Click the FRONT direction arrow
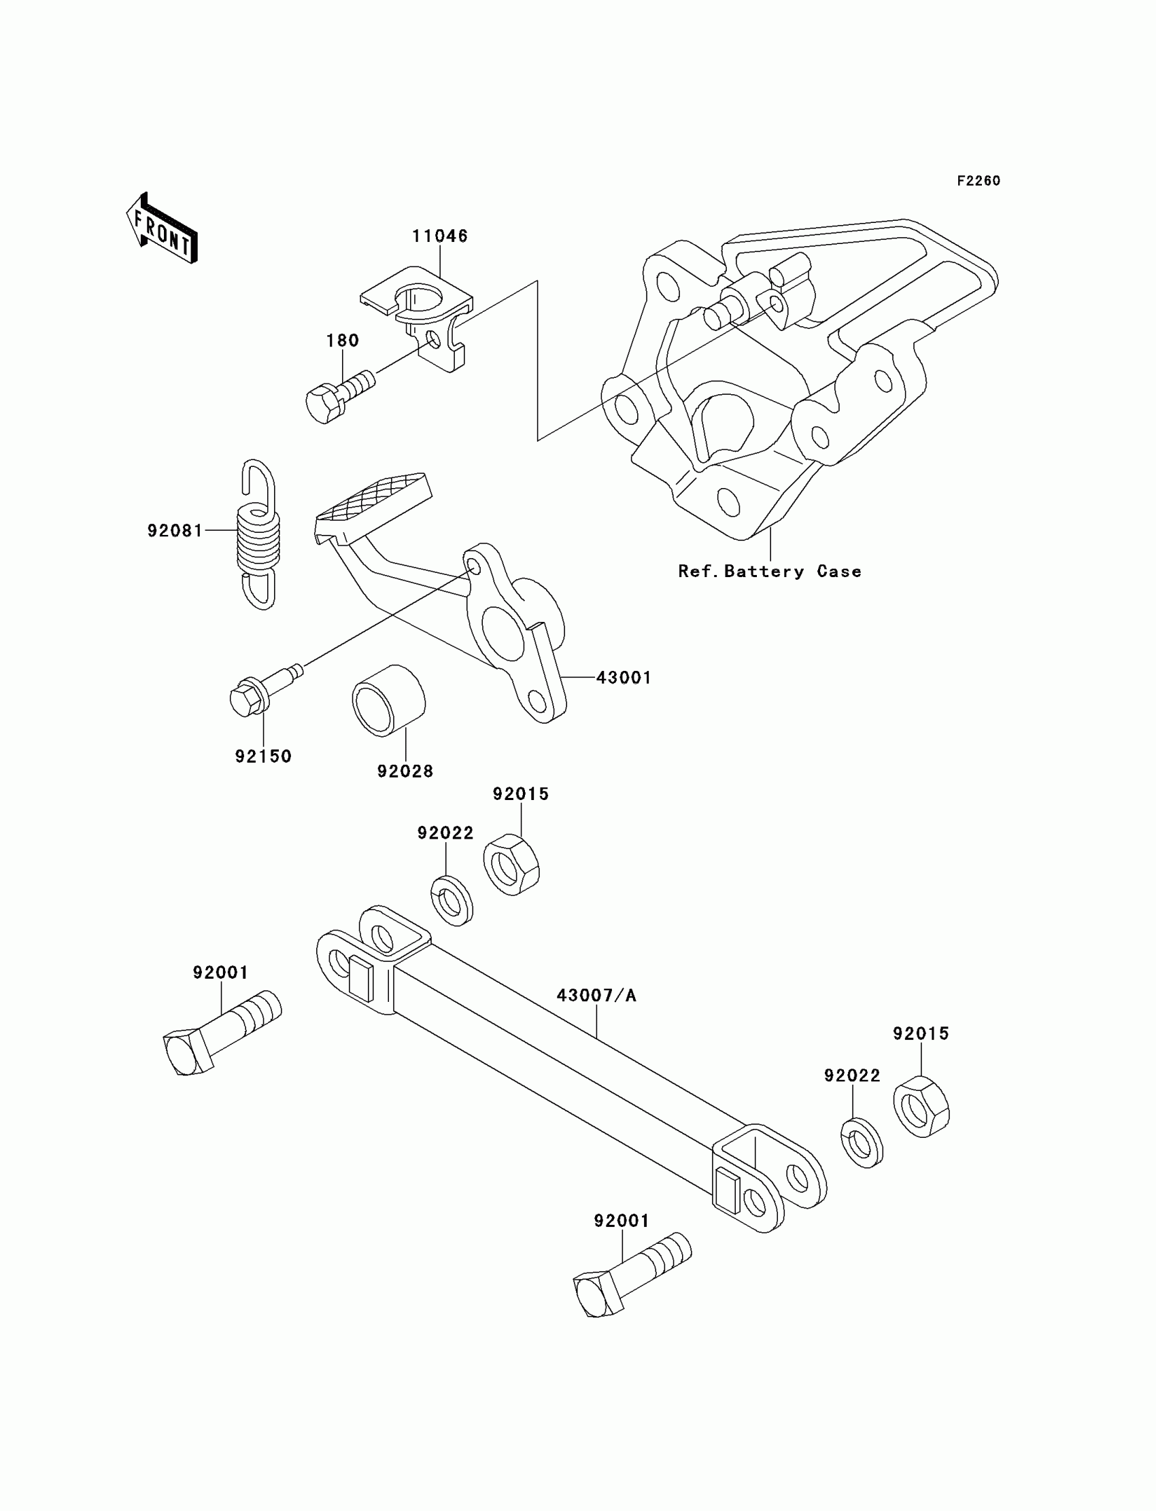[163, 230]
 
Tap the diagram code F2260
[979, 181]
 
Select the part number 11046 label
[440, 236]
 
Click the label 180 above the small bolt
[342, 341]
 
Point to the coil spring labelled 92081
[258, 534]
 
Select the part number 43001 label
[624, 678]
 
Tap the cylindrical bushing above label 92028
[389, 700]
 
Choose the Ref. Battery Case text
[769, 572]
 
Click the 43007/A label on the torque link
[596, 995]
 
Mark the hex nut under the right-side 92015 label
[921, 1107]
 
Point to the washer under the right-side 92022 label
[862, 1143]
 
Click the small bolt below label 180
[338, 396]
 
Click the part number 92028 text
[405, 771]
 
